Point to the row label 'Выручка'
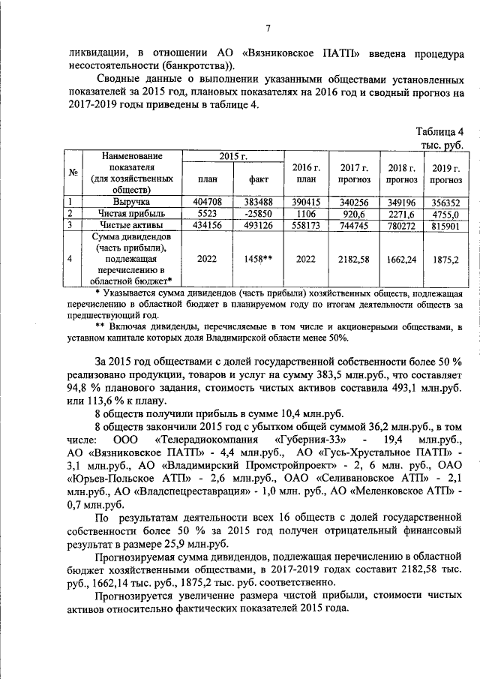point(132,202)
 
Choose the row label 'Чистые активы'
point(132,224)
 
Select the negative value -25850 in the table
point(255,213)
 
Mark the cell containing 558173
point(306,224)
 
